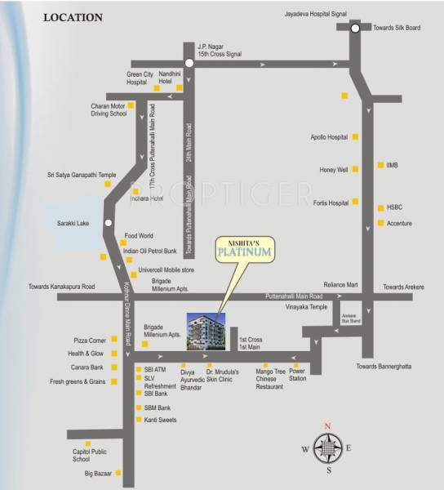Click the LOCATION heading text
(x=73, y=16)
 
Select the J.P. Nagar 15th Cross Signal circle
(x=189, y=63)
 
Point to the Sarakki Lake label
(x=85, y=222)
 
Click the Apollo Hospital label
(x=329, y=137)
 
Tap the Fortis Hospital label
(x=331, y=202)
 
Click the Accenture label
(x=399, y=223)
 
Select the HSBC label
(x=396, y=208)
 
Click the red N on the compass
(x=327, y=427)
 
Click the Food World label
(x=139, y=236)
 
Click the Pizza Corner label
(x=90, y=339)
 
